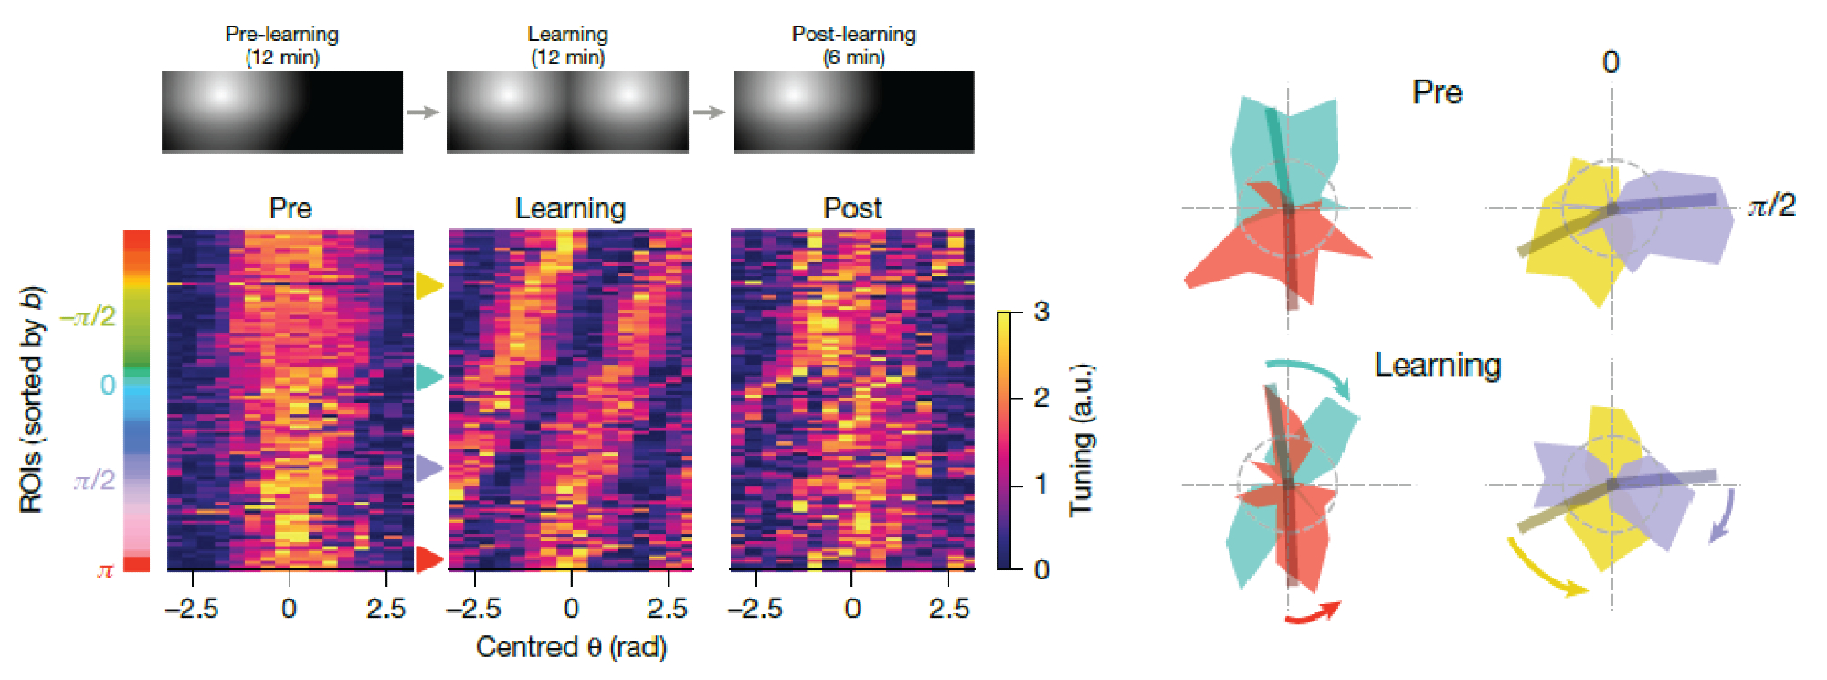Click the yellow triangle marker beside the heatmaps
pyautogui.click(x=428, y=285)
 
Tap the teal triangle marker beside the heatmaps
pyautogui.click(x=428, y=377)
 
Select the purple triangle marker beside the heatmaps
pyautogui.click(x=428, y=468)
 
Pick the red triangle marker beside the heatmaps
pyautogui.click(x=428, y=558)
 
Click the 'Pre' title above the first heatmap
pyautogui.click(x=290, y=208)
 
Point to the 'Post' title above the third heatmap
pyautogui.click(x=852, y=208)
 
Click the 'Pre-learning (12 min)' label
pyautogui.click(x=282, y=46)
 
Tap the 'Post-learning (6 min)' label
pyautogui.click(x=853, y=46)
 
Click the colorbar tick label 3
pyautogui.click(x=1041, y=312)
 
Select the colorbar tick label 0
pyautogui.click(x=1041, y=570)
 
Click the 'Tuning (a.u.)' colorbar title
pyautogui.click(x=1082, y=441)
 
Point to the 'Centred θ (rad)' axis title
pyautogui.click(x=571, y=647)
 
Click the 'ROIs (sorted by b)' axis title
pyautogui.click(x=32, y=400)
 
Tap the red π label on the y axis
pyautogui.click(x=105, y=570)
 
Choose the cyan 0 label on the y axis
pyautogui.click(x=108, y=385)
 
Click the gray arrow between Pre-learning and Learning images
pyautogui.click(x=423, y=112)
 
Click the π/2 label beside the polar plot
pyautogui.click(x=1771, y=205)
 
